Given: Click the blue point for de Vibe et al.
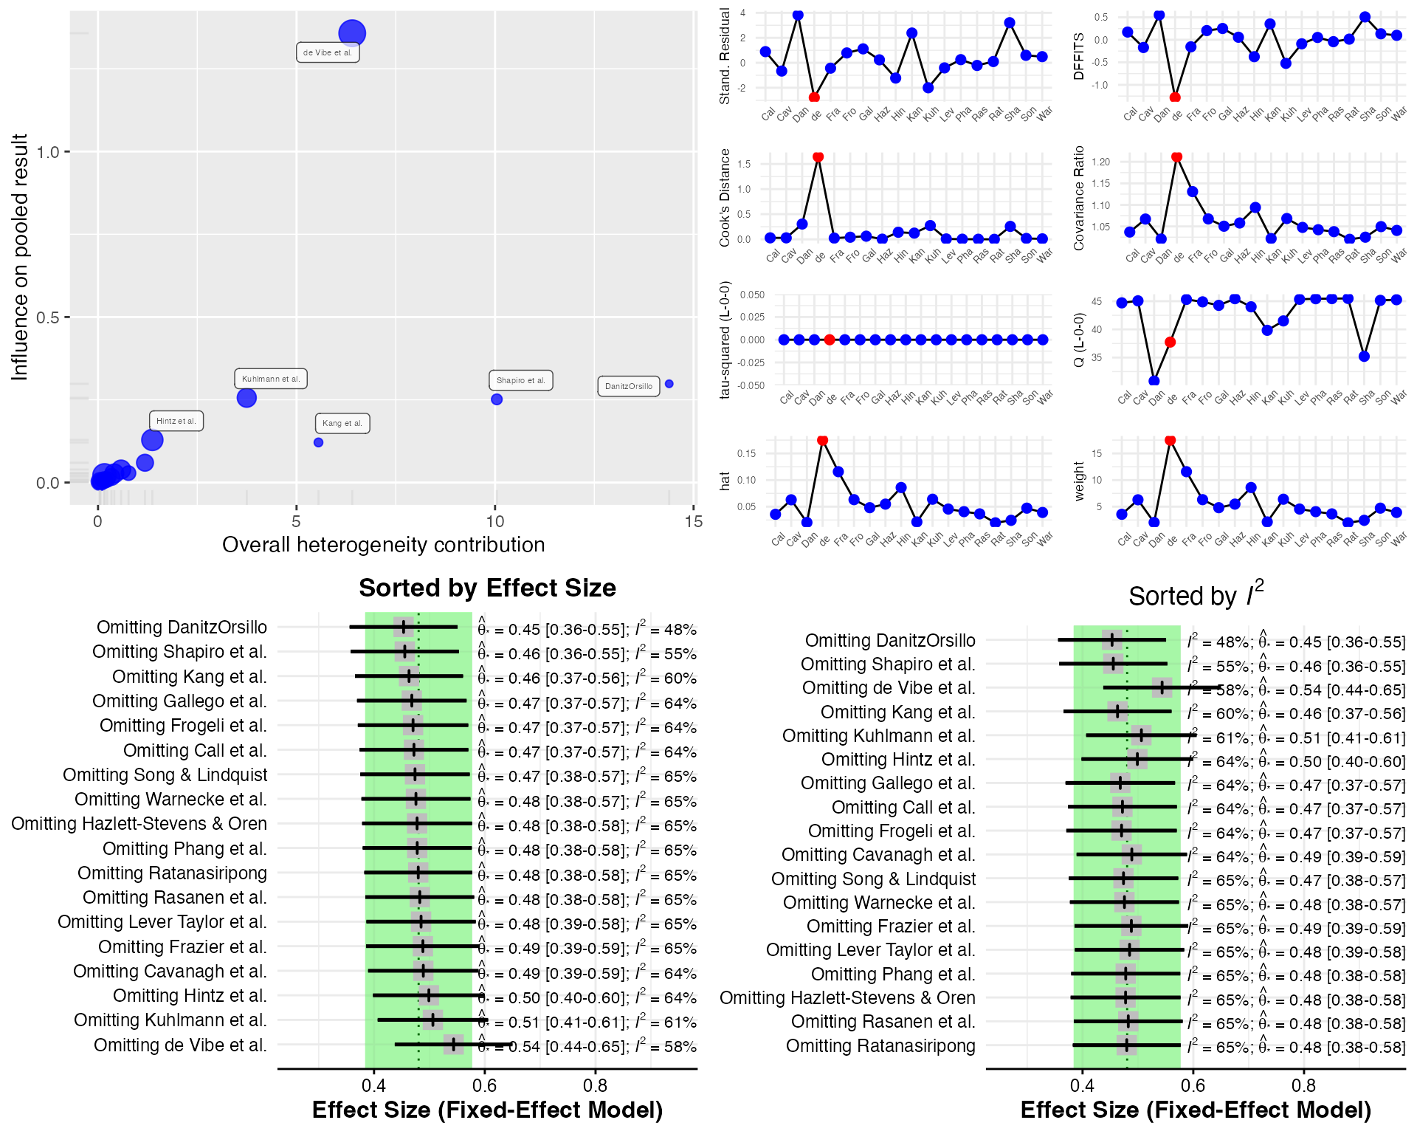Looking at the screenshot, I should (352, 33).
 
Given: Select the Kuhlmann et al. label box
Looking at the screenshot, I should (271, 379).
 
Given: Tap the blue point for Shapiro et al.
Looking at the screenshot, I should (497, 399).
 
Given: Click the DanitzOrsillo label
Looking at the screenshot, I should (628, 386).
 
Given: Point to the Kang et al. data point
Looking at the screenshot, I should (318, 442).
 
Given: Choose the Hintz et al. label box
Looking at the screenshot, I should (176, 421).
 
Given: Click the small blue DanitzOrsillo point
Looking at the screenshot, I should (669, 384).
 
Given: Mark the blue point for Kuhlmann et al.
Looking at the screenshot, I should (246, 398).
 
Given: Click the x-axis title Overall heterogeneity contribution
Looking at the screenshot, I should (383, 545).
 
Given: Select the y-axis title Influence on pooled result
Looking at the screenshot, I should (19, 257).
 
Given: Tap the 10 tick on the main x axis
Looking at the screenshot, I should (494, 522).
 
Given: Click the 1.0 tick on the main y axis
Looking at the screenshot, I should (48, 152).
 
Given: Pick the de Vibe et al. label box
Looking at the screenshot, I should (328, 52).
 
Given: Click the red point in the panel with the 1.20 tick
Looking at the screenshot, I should (1176, 157).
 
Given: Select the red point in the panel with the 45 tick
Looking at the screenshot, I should (1170, 342).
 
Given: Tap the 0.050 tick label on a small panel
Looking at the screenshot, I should (752, 295).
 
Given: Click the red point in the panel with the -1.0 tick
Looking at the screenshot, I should (1174, 97).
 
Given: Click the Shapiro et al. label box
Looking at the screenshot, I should (520, 380).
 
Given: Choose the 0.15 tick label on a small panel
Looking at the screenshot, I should (746, 453).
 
